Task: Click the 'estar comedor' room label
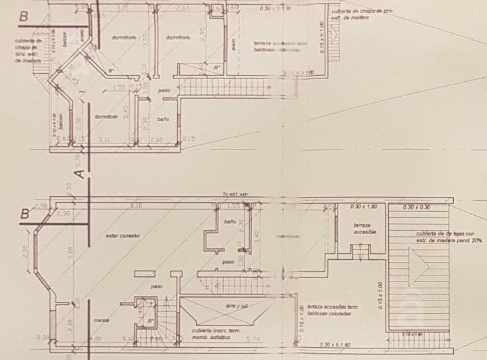[123, 235]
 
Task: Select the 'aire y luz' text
[237, 306]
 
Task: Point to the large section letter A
[78, 173]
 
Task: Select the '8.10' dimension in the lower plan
[135, 206]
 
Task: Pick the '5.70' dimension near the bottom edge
[252, 338]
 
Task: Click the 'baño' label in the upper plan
[162, 119]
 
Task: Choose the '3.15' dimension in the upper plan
[123, 8]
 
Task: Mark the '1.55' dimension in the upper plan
[119, 87]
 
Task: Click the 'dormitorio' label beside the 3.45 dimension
[106, 116]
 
